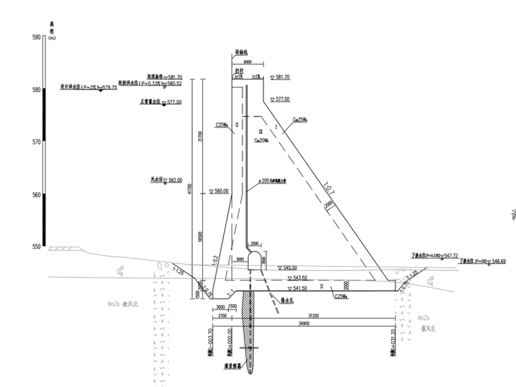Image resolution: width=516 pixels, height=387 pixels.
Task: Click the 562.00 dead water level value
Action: tap(174, 180)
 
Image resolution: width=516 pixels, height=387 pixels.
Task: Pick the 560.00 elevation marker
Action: tap(221, 191)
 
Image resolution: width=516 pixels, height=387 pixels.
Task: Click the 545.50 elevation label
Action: tap(297, 268)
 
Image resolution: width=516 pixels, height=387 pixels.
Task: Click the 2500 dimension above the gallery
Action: tap(255, 242)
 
